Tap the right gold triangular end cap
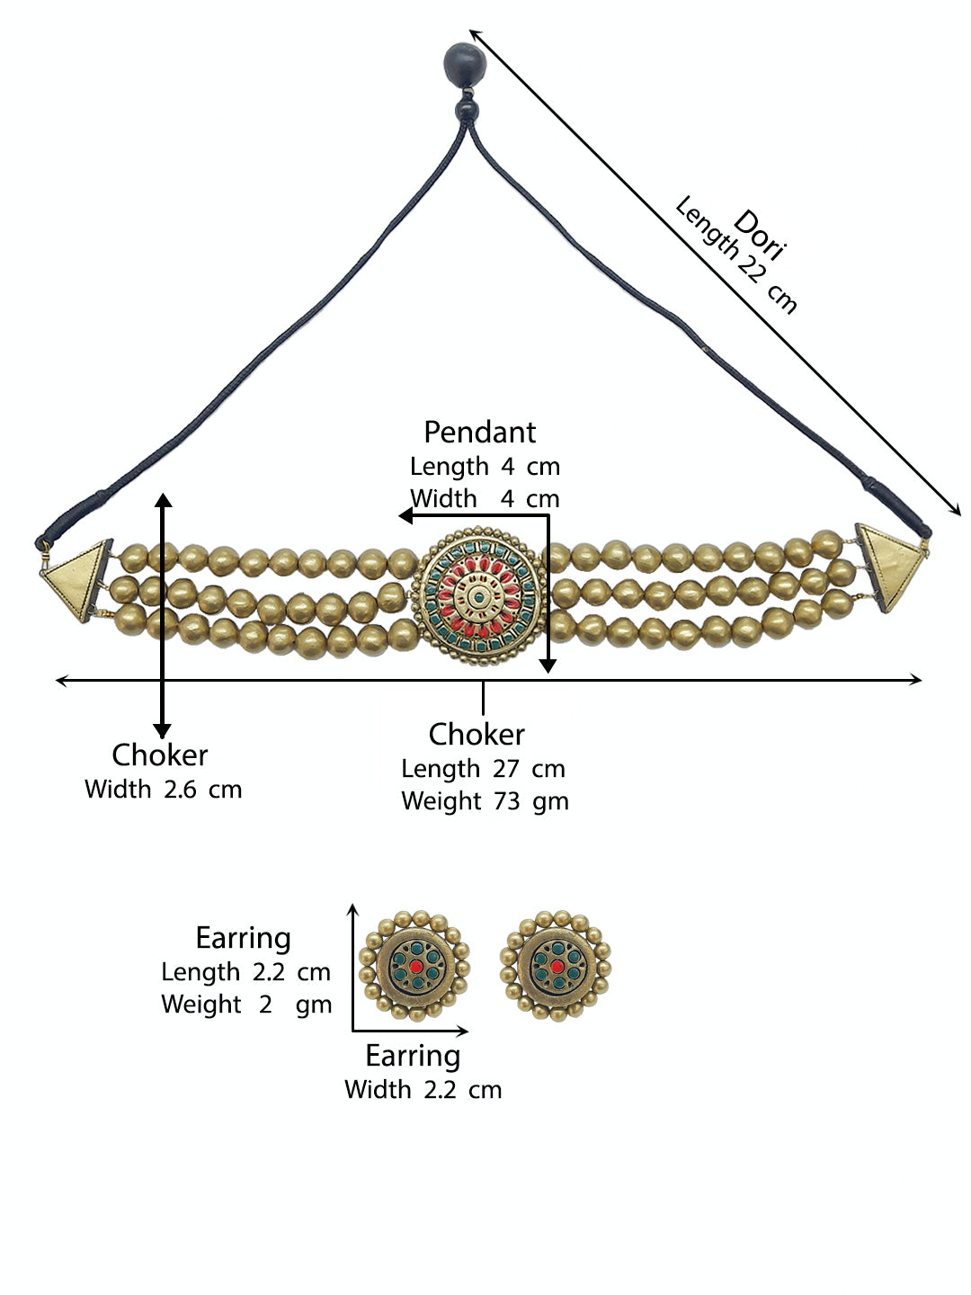click(x=891, y=567)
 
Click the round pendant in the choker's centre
click(x=478, y=596)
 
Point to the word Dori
click(x=760, y=235)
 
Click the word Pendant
click(x=480, y=432)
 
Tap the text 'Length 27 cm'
click(x=484, y=769)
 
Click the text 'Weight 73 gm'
click(x=485, y=802)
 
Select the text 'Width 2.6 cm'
click(x=164, y=790)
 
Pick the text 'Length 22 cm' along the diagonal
click(x=735, y=255)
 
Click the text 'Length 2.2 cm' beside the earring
click(x=245, y=972)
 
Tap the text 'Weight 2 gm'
click(x=246, y=1005)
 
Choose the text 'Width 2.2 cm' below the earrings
click(x=423, y=1090)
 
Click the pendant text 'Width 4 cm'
click(x=485, y=499)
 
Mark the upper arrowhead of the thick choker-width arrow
click(x=164, y=500)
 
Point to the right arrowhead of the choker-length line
click(x=915, y=680)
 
